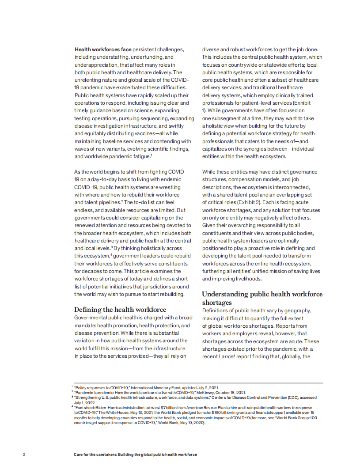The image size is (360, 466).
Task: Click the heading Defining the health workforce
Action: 120,309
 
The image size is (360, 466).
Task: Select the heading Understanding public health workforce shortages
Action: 262,298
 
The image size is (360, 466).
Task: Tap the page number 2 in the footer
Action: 24,454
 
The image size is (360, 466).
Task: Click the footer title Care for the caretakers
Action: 135,454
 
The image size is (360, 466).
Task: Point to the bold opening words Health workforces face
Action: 102,49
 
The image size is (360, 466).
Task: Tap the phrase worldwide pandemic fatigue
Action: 112,156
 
